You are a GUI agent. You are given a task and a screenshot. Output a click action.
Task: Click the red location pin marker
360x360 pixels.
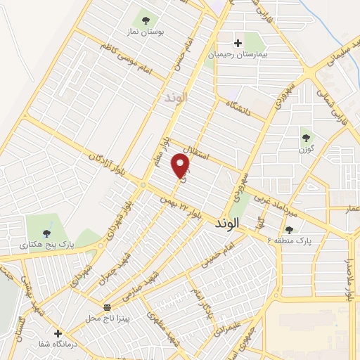click(x=181, y=165)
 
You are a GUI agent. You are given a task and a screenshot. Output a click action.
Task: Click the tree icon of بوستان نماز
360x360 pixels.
click(x=146, y=20)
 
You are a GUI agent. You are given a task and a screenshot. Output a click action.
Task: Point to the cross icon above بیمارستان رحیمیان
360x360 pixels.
click(x=238, y=43)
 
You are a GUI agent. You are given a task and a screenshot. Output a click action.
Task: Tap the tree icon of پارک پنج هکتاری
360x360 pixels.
click(x=46, y=233)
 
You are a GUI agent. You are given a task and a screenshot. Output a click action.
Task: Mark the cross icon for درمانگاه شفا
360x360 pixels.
click(x=58, y=333)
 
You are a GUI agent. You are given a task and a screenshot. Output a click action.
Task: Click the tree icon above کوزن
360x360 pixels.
click(x=305, y=137)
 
